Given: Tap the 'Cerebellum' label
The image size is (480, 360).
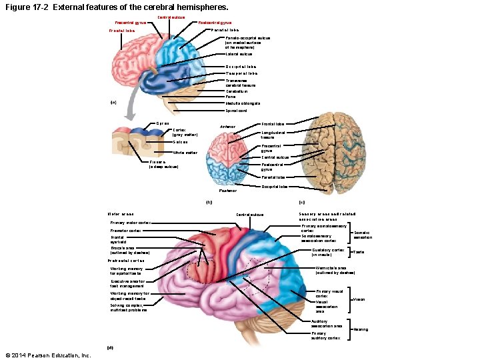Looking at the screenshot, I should (236, 91).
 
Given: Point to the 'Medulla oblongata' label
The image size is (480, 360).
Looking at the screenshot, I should (243, 103).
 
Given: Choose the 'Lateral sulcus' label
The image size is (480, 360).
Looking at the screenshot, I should (239, 54).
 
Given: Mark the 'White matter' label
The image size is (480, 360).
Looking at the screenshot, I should (185, 153).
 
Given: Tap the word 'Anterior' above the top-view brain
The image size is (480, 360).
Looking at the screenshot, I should (228, 126).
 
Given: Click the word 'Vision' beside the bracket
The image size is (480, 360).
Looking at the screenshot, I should (359, 299).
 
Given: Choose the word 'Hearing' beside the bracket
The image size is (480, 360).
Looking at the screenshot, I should (361, 329).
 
